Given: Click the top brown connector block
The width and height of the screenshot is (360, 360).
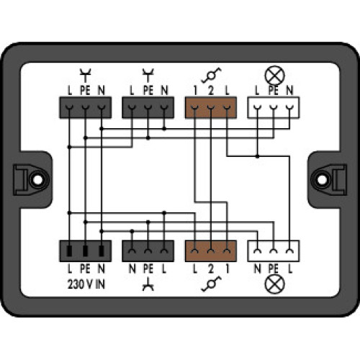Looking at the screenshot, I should pos(211,107).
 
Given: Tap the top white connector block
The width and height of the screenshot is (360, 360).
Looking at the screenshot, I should pos(273,107).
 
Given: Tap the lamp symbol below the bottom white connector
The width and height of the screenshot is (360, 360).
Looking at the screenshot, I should pos(273,284).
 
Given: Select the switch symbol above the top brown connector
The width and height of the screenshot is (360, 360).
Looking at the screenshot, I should pos(211,74).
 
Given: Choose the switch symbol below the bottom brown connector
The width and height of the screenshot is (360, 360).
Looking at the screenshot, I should pos(211,284).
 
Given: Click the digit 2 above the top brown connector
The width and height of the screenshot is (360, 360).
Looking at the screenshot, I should pos(211,90).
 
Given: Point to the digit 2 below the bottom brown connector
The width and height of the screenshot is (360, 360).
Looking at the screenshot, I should pos(211,269).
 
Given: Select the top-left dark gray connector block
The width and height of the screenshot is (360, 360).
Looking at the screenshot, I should pos(84,107).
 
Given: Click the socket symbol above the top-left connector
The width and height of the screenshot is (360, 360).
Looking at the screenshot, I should pos(84,73).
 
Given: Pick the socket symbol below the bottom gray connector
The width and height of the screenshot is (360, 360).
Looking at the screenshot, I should pos(149,284).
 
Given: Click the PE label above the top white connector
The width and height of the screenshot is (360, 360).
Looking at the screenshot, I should pos(273,90).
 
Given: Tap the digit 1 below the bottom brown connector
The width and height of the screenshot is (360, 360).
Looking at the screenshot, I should pos(227,269).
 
